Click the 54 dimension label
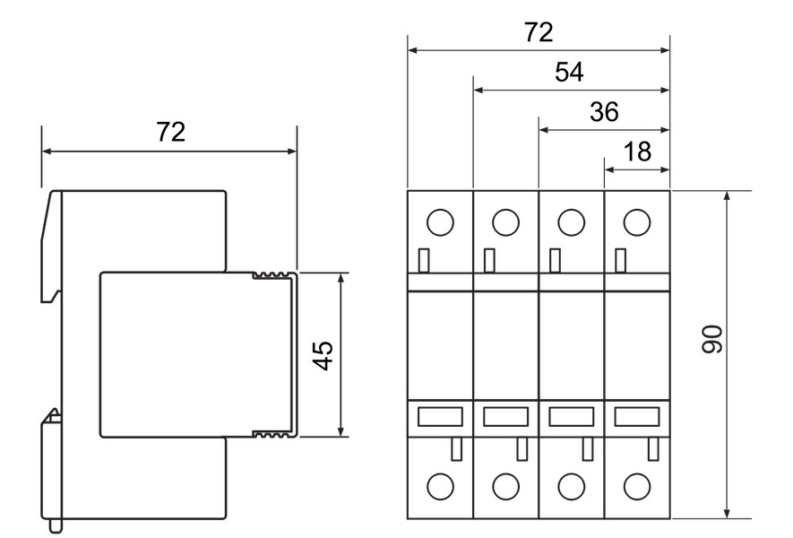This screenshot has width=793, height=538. pyautogui.click(x=569, y=72)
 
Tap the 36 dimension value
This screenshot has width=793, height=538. pyautogui.click(x=604, y=112)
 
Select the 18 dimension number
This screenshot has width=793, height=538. pyautogui.click(x=637, y=152)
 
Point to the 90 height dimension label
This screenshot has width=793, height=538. pyautogui.click(x=712, y=339)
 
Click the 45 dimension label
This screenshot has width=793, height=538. pyautogui.click(x=323, y=355)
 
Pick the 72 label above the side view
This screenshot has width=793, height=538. pyautogui.click(x=170, y=132)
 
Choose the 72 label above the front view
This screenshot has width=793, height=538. pyautogui.click(x=539, y=32)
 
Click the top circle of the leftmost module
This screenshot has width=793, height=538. pyautogui.click(x=441, y=222)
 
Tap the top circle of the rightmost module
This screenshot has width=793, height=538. pyautogui.click(x=637, y=222)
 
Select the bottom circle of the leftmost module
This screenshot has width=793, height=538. pyautogui.click(x=441, y=486)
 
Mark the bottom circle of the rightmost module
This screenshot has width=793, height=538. pyautogui.click(x=637, y=486)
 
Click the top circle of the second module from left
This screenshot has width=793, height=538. pyautogui.click(x=505, y=222)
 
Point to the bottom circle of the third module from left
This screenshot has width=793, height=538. pyautogui.click(x=572, y=486)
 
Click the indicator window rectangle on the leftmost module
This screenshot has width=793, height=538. pyautogui.click(x=440, y=417)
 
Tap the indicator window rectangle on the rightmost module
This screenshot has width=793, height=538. pyautogui.click(x=637, y=417)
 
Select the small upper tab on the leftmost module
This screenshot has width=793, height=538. pyautogui.click(x=424, y=261)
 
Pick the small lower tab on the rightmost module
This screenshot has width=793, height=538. pyautogui.click(x=653, y=449)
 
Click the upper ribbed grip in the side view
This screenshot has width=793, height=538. pyautogui.click(x=273, y=276)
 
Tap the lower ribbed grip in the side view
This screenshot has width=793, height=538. pyautogui.click(x=273, y=433)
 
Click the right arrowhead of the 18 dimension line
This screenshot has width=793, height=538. pyautogui.click(x=665, y=169)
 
